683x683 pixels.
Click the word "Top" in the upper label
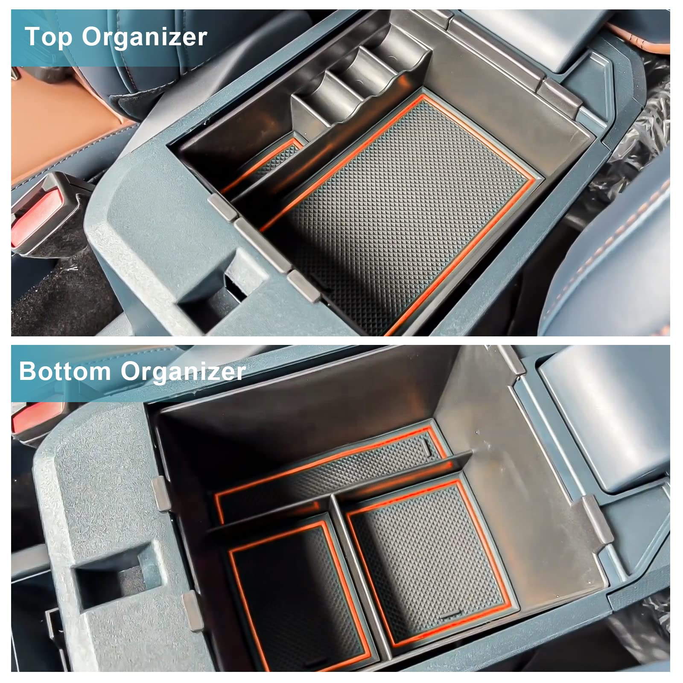(49, 37)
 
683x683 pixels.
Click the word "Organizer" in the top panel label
(144, 38)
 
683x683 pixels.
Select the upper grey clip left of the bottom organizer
(160, 493)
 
